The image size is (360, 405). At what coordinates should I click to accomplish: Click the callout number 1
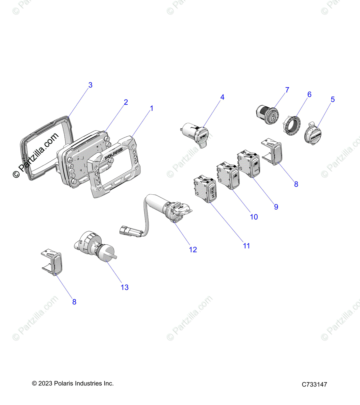(x=152, y=108)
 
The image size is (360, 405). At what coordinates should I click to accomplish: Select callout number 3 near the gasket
(x=90, y=85)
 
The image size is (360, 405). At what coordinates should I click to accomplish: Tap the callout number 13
(x=125, y=287)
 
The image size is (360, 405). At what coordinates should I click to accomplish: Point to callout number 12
(x=193, y=249)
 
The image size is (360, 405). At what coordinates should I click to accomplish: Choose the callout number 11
(x=247, y=246)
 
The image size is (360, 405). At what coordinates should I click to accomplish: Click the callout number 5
(x=333, y=99)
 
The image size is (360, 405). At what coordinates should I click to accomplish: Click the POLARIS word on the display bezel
(x=113, y=157)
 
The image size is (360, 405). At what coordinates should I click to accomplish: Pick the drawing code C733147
(x=314, y=384)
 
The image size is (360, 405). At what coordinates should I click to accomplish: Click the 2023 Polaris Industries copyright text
(x=73, y=383)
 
